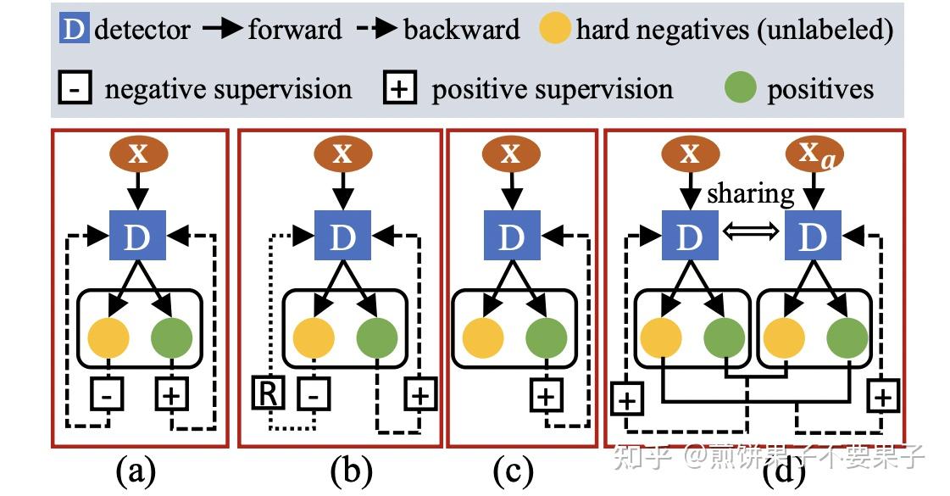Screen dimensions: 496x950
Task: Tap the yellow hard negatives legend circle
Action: click(x=555, y=31)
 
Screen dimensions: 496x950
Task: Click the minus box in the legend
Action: click(x=76, y=89)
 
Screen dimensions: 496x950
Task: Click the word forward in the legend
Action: click(x=294, y=31)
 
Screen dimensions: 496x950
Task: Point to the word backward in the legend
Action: click(x=461, y=31)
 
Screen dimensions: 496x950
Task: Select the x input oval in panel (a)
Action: click(x=139, y=154)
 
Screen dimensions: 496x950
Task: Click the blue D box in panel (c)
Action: click(x=510, y=238)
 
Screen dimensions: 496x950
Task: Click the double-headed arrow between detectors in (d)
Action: click(x=751, y=239)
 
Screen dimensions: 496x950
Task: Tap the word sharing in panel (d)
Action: click(x=751, y=193)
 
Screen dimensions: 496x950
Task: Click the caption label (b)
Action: click(x=349, y=471)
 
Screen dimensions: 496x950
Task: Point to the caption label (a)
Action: click(x=136, y=471)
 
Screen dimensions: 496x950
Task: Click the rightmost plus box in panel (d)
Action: click(x=883, y=396)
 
